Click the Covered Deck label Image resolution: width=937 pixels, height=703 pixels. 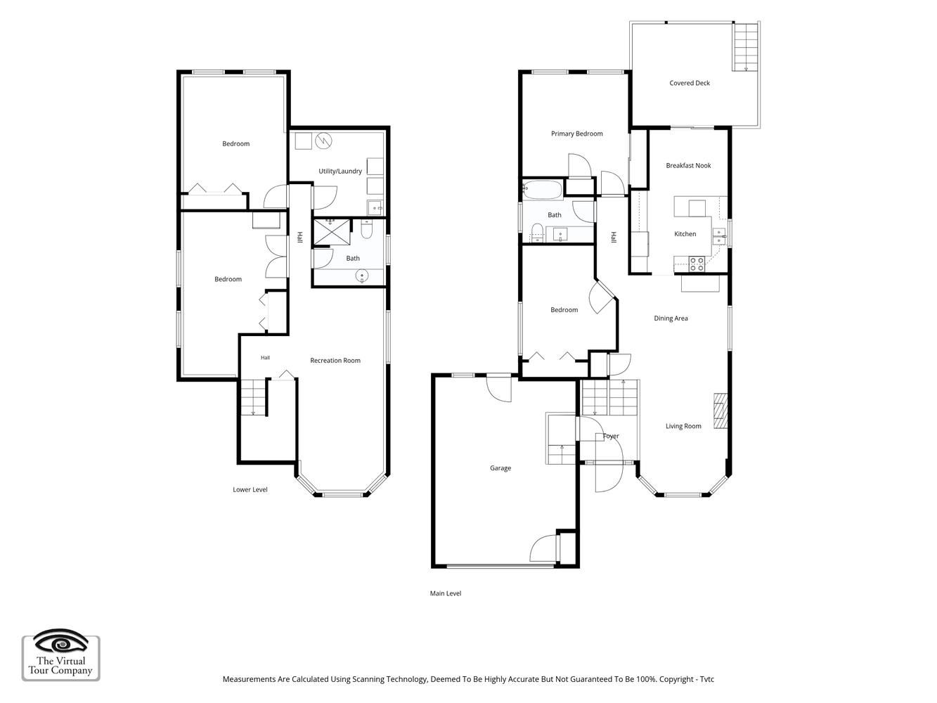click(689, 83)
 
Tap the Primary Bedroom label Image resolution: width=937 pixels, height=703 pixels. click(576, 134)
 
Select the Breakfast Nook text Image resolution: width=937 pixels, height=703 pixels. click(688, 165)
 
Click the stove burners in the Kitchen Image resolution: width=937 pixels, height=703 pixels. click(697, 264)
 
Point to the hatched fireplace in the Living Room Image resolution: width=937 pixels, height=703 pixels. click(720, 410)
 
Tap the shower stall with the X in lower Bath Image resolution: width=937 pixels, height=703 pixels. click(332, 232)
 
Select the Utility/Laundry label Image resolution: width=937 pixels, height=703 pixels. click(340, 171)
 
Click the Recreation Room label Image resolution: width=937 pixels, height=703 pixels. click(335, 360)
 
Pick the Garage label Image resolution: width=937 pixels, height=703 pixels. click(500, 467)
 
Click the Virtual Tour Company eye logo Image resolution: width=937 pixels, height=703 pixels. click(60, 641)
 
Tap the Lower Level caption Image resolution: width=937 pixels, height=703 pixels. click(250, 489)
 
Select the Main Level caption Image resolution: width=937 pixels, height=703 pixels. click(445, 593)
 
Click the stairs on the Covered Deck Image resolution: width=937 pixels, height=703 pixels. click(745, 47)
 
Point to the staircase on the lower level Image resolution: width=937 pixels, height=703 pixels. click(254, 397)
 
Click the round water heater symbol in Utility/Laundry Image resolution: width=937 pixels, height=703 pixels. click(323, 141)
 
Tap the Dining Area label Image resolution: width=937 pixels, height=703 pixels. click(670, 318)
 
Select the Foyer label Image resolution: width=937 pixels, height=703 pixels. click(610, 436)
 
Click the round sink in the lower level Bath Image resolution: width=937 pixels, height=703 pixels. click(362, 276)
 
